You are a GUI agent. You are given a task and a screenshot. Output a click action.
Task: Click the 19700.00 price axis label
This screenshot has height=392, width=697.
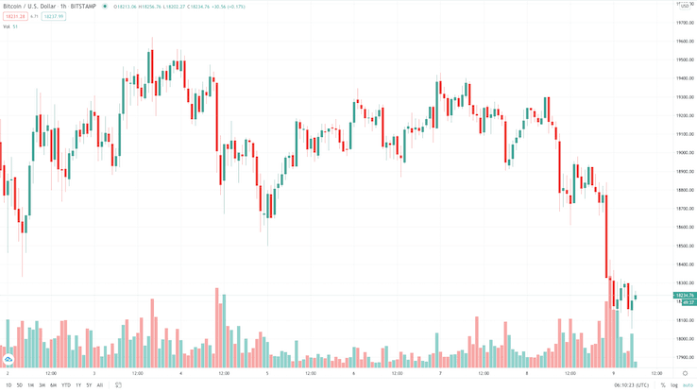685,23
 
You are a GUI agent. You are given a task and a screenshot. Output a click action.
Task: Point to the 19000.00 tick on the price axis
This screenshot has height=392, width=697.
685,152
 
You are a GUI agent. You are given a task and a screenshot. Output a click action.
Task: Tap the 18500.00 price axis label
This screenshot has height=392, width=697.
685,246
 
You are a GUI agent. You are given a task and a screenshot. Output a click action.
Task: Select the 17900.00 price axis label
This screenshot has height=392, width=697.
685,357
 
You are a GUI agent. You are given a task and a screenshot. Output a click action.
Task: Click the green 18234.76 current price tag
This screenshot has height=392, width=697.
686,296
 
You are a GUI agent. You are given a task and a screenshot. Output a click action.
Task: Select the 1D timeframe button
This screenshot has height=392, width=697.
8,385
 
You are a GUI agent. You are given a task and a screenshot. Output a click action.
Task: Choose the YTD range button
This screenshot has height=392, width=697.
66,385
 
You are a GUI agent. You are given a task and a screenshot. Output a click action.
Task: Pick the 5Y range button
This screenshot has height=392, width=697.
89,385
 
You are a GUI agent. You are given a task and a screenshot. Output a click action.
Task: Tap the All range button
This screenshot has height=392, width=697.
100,385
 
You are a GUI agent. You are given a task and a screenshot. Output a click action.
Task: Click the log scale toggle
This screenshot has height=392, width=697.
674,385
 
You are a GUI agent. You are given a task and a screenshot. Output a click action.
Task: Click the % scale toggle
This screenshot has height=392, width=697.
663,385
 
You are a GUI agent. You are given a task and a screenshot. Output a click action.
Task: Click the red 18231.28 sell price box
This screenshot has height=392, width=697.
14,16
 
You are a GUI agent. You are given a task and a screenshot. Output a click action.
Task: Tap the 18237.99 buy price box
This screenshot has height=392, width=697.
53,16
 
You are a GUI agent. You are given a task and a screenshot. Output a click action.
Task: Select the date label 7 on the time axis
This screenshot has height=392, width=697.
440,373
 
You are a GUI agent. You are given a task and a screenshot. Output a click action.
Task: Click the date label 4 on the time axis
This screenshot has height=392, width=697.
180,373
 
